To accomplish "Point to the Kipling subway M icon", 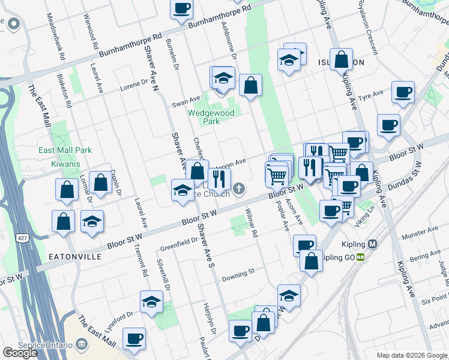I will click(373, 244).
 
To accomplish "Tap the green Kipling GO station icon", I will click(360, 257).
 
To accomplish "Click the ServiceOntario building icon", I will click(82, 344).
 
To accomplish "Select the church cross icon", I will click(239, 190).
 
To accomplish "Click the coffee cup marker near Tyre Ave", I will click(403, 93).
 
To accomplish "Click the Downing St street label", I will click(238, 274).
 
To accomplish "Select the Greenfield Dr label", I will click(179, 244).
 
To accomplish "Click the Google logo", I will click(20, 353).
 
